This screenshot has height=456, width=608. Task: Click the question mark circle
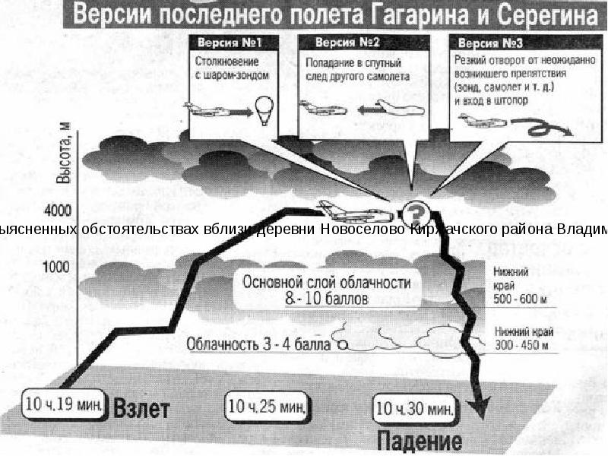[x=416, y=211]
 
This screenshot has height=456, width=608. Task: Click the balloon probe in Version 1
[x=264, y=109]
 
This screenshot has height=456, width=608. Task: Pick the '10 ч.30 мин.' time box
[x=415, y=407]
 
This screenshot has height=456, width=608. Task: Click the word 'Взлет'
[x=142, y=407]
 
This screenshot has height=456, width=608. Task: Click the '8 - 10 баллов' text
[x=327, y=299]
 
